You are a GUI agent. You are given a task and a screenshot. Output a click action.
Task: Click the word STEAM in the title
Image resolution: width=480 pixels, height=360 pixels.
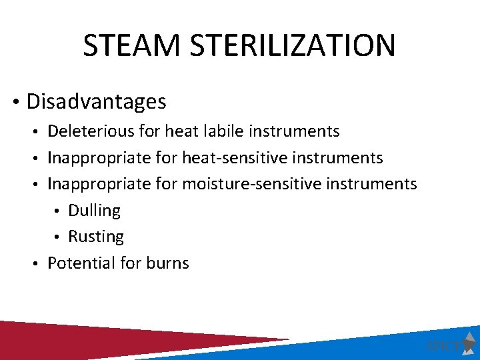(x=132, y=45)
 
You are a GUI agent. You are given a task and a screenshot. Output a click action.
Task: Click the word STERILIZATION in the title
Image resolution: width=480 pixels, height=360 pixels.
(x=291, y=45)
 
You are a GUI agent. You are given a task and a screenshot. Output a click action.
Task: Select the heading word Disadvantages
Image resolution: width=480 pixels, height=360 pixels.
(x=96, y=101)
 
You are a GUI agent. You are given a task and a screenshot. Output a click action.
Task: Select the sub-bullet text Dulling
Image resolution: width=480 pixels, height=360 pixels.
(x=94, y=211)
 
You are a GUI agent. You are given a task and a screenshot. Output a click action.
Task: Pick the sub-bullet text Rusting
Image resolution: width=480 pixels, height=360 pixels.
(x=95, y=237)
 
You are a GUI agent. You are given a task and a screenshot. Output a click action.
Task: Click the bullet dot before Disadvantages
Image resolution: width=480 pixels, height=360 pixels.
(x=15, y=103)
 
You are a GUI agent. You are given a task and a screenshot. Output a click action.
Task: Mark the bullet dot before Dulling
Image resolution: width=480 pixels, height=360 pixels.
(x=59, y=211)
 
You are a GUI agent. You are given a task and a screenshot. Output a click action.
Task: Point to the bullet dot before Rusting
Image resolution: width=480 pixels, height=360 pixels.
(x=59, y=237)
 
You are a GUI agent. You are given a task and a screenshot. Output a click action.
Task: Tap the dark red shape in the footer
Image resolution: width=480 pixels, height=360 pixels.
(x=100, y=340)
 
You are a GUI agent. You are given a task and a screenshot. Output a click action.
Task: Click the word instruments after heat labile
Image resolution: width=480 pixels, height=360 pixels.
(x=294, y=131)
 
